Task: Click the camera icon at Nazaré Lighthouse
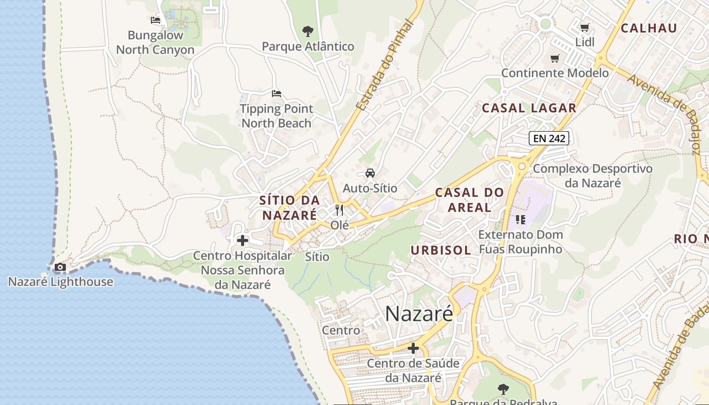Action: tap(60, 267)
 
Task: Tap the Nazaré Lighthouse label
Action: tap(61, 282)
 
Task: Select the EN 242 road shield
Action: tap(549, 138)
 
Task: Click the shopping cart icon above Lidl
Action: tap(585, 27)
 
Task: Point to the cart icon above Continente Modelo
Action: tap(555, 58)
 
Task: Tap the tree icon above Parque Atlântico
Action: tap(307, 31)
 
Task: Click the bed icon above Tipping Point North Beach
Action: tap(277, 94)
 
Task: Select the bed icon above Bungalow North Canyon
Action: tap(155, 20)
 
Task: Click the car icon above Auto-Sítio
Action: tap(370, 173)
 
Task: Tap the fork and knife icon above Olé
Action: tap(339, 210)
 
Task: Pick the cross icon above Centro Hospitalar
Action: tap(243, 240)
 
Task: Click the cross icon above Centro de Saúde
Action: tap(413, 348)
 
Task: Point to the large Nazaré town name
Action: tap(419, 313)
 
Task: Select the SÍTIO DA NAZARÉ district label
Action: tap(290, 208)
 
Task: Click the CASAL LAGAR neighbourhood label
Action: tap(529, 108)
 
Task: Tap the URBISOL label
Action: tap(441, 250)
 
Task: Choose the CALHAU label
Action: tap(649, 28)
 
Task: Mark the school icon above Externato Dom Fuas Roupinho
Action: tap(521, 220)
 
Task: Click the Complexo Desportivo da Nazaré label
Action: tap(593, 176)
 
